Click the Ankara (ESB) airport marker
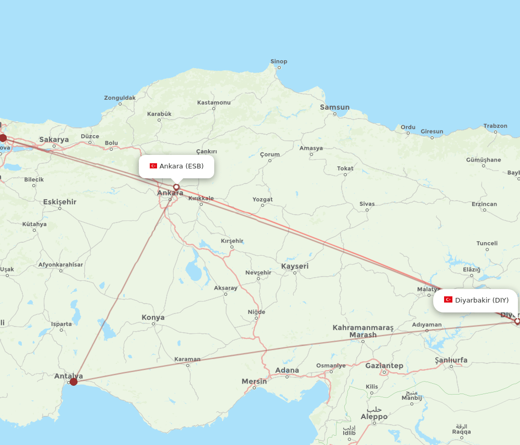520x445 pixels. pyautogui.click(x=176, y=187)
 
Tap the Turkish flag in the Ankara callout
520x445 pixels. pyautogui.click(x=153, y=166)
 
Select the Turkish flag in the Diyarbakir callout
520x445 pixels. pyautogui.click(x=448, y=299)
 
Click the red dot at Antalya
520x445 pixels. pyautogui.click(x=73, y=382)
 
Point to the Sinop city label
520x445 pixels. pyautogui.click(x=279, y=61)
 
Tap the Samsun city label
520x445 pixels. pyautogui.click(x=334, y=108)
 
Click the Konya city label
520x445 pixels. pyautogui.click(x=153, y=317)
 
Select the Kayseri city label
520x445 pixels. pyautogui.click(x=295, y=266)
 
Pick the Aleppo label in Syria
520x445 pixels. pyautogui.click(x=374, y=416)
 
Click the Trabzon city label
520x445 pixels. pyautogui.click(x=495, y=126)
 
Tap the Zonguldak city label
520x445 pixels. pyautogui.click(x=120, y=98)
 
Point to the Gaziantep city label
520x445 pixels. pyautogui.click(x=384, y=366)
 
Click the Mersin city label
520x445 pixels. pyautogui.click(x=254, y=382)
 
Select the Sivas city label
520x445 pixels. pyautogui.click(x=367, y=204)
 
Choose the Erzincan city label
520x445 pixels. pyautogui.click(x=484, y=204)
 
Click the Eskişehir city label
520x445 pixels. pyautogui.click(x=60, y=202)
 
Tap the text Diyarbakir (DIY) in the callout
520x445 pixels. pyautogui.click(x=482, y=300)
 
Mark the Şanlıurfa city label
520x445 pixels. pyautogui.click(x=451, y=360)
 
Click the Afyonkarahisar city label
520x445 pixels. pyautogui.click(x=60, y=265)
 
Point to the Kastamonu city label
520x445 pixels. pyautogui.click(x=214, y=102)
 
